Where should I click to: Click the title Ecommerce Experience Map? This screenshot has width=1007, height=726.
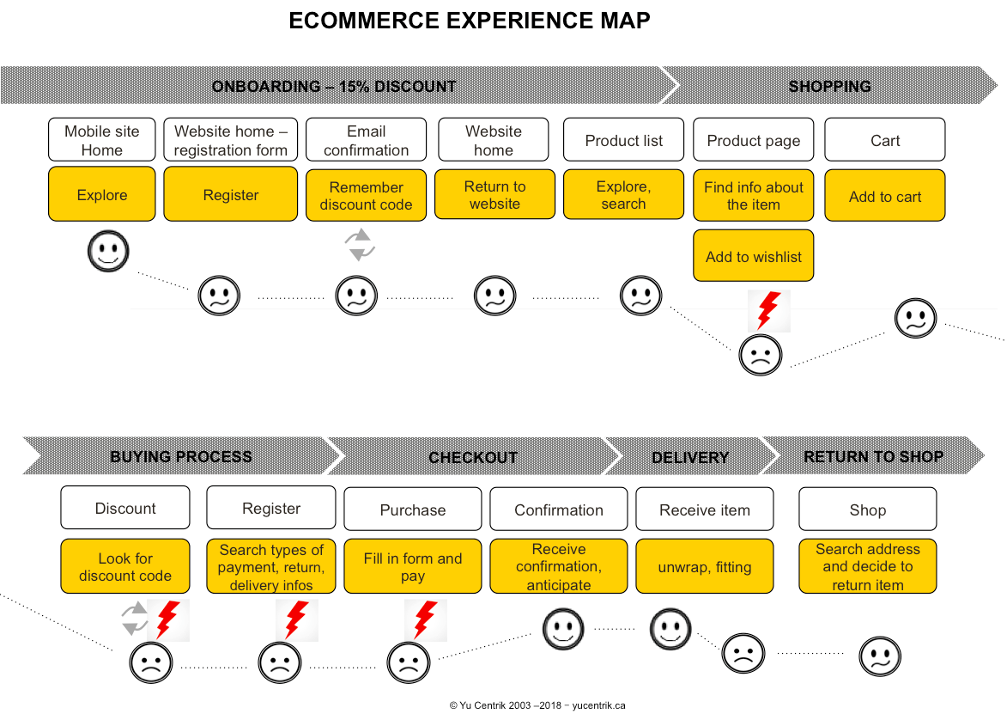(470, 21)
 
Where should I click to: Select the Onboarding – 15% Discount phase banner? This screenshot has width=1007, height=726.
(334, 86)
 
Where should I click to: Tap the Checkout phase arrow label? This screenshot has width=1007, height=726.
(473, 457)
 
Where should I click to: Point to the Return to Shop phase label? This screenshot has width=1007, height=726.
(873, 456)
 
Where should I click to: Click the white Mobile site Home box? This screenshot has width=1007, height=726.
(102, 140)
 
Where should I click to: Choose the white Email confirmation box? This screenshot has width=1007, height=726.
(366, 140)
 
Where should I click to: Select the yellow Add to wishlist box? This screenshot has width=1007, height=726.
(754, 256)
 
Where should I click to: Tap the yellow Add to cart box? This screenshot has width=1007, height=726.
(885, 196)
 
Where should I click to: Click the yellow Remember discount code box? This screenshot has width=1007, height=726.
(366, 196)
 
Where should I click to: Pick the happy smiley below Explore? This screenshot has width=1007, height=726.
(108, 252)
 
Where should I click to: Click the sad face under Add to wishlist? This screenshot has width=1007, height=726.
(761, 355)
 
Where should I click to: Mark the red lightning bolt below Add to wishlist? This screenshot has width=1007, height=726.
(768, 311)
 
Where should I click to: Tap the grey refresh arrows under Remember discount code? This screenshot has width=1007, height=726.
(360, 244)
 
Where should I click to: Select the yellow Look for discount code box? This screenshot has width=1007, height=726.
(125, 567)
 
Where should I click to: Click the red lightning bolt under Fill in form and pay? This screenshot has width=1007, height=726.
(425, 620)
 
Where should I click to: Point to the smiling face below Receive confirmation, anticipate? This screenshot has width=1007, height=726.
(562, 630)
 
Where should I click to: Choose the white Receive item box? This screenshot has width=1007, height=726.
(705, 509)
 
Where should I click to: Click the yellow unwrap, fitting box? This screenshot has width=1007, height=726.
(705, 567)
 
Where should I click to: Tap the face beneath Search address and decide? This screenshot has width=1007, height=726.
(880, 657)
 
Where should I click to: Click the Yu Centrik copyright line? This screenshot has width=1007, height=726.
(537, 705)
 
